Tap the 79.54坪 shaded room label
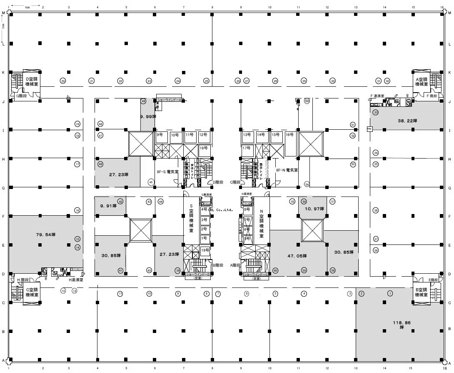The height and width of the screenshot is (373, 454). point(46,234)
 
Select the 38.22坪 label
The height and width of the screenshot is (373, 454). point(407,121)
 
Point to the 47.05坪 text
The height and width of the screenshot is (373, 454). point(297,256)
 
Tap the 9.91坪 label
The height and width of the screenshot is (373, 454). point(109,205)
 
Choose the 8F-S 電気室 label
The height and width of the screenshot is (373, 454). point(167,171)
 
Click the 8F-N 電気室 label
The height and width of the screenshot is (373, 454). point(287,170)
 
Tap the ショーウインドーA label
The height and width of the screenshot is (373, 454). point(169,100)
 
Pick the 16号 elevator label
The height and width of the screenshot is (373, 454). point(289,135)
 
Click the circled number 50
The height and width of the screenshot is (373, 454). point(307,101)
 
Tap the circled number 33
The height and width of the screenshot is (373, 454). point(376,113)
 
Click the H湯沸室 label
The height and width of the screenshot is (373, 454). point(75,280)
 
